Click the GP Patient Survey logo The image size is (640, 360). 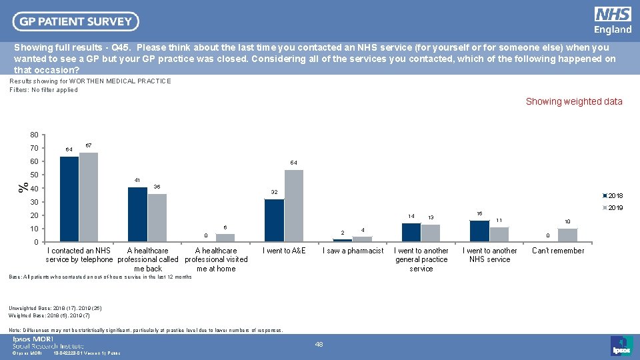tap(75, 21)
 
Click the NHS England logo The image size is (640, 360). tap(613, 21)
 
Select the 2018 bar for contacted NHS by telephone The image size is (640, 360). tap(69, 199)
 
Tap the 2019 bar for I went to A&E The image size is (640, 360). tap(294, 206)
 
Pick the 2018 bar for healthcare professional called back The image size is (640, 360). tap(137, 214)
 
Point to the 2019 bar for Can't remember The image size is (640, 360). tap(567, 235)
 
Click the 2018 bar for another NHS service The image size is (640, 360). tap(479, 231)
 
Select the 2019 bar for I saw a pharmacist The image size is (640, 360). tap(362, 239)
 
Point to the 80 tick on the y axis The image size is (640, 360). tap(33, 135)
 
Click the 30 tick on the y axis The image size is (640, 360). tap(33, 202)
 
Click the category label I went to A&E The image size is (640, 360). tap(284, 251)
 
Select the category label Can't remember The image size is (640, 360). tap(558, 251)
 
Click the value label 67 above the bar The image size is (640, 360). tap(89, 145)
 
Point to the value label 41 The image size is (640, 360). tap(137, 181)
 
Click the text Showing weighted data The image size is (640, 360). tap(574, 101)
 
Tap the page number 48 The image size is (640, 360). tap(319, 344)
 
